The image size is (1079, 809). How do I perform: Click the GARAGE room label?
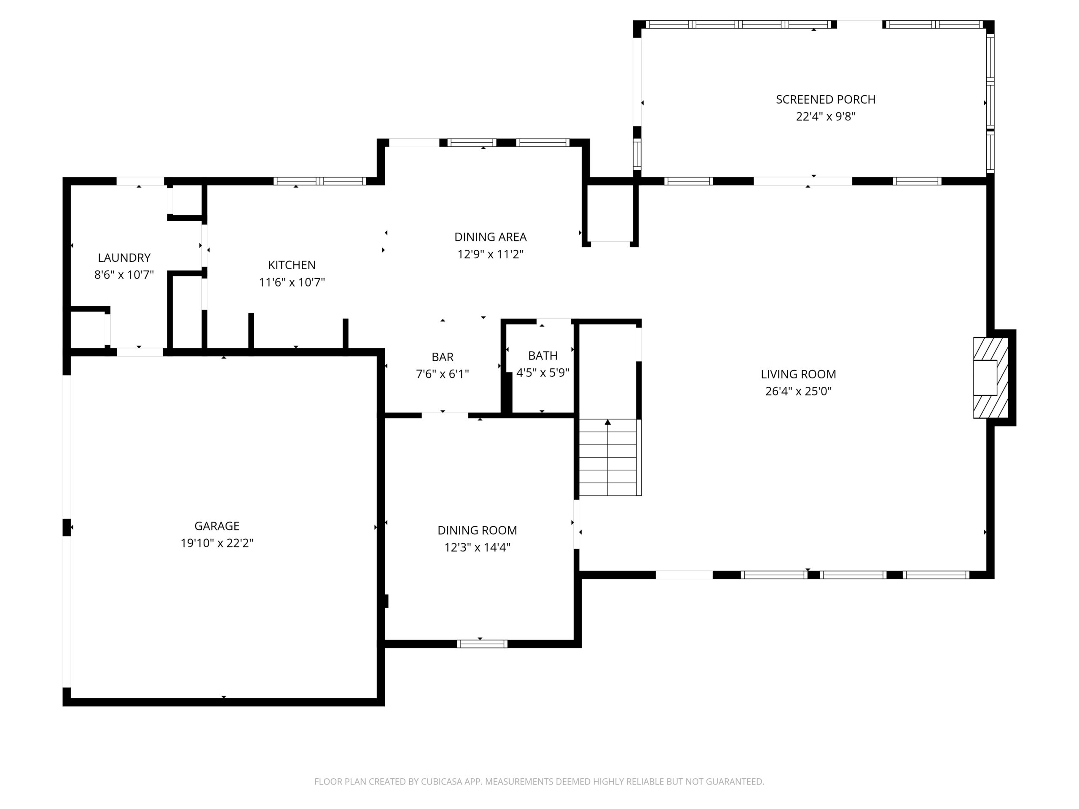[217, 526]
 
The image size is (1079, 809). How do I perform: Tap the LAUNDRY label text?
[124, 257]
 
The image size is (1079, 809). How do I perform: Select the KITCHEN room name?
[292, 265]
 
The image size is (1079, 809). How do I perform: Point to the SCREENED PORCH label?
[825, 99]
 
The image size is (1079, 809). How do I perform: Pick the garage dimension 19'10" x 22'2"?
[217, 543]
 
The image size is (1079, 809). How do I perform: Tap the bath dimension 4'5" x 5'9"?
[542, 372]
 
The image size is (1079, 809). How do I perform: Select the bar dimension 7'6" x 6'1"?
[442, 374]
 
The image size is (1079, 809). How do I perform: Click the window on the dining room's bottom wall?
[482, 644]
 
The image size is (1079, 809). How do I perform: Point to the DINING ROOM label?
[477, 530]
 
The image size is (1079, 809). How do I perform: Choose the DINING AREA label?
[490, 237]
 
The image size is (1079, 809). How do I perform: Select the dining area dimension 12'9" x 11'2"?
[490, 254]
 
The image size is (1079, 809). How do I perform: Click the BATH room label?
[542, 356]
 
